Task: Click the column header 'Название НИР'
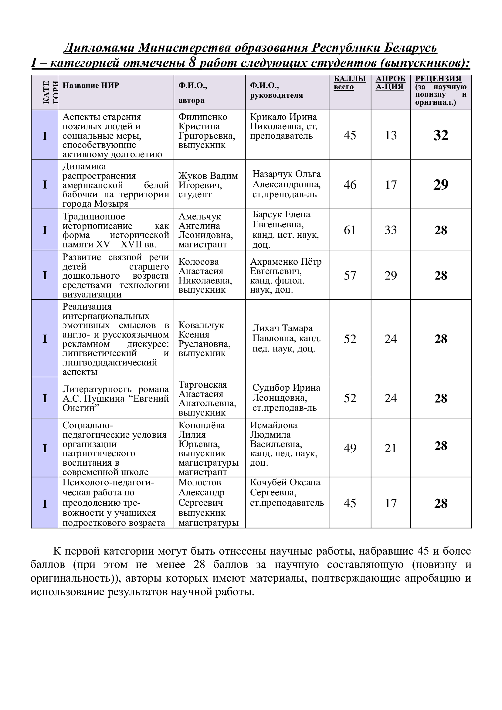(90, 85)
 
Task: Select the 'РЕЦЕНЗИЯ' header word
(438, 79)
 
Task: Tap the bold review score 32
(440, 135)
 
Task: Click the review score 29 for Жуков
(440, 185)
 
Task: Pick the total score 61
(350, 230)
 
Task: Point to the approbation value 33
(390, 230)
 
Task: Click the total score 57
(350, 275)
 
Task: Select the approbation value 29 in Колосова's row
(390, 275)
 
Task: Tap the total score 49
(350, 448)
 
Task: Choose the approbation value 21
(390, 448)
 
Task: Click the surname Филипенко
(202, 117)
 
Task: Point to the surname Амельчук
(200, 216)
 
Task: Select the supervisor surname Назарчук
(272, 174)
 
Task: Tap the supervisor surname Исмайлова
(273, 425)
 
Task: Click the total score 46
(350, 185)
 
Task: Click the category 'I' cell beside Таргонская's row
(45, 398)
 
